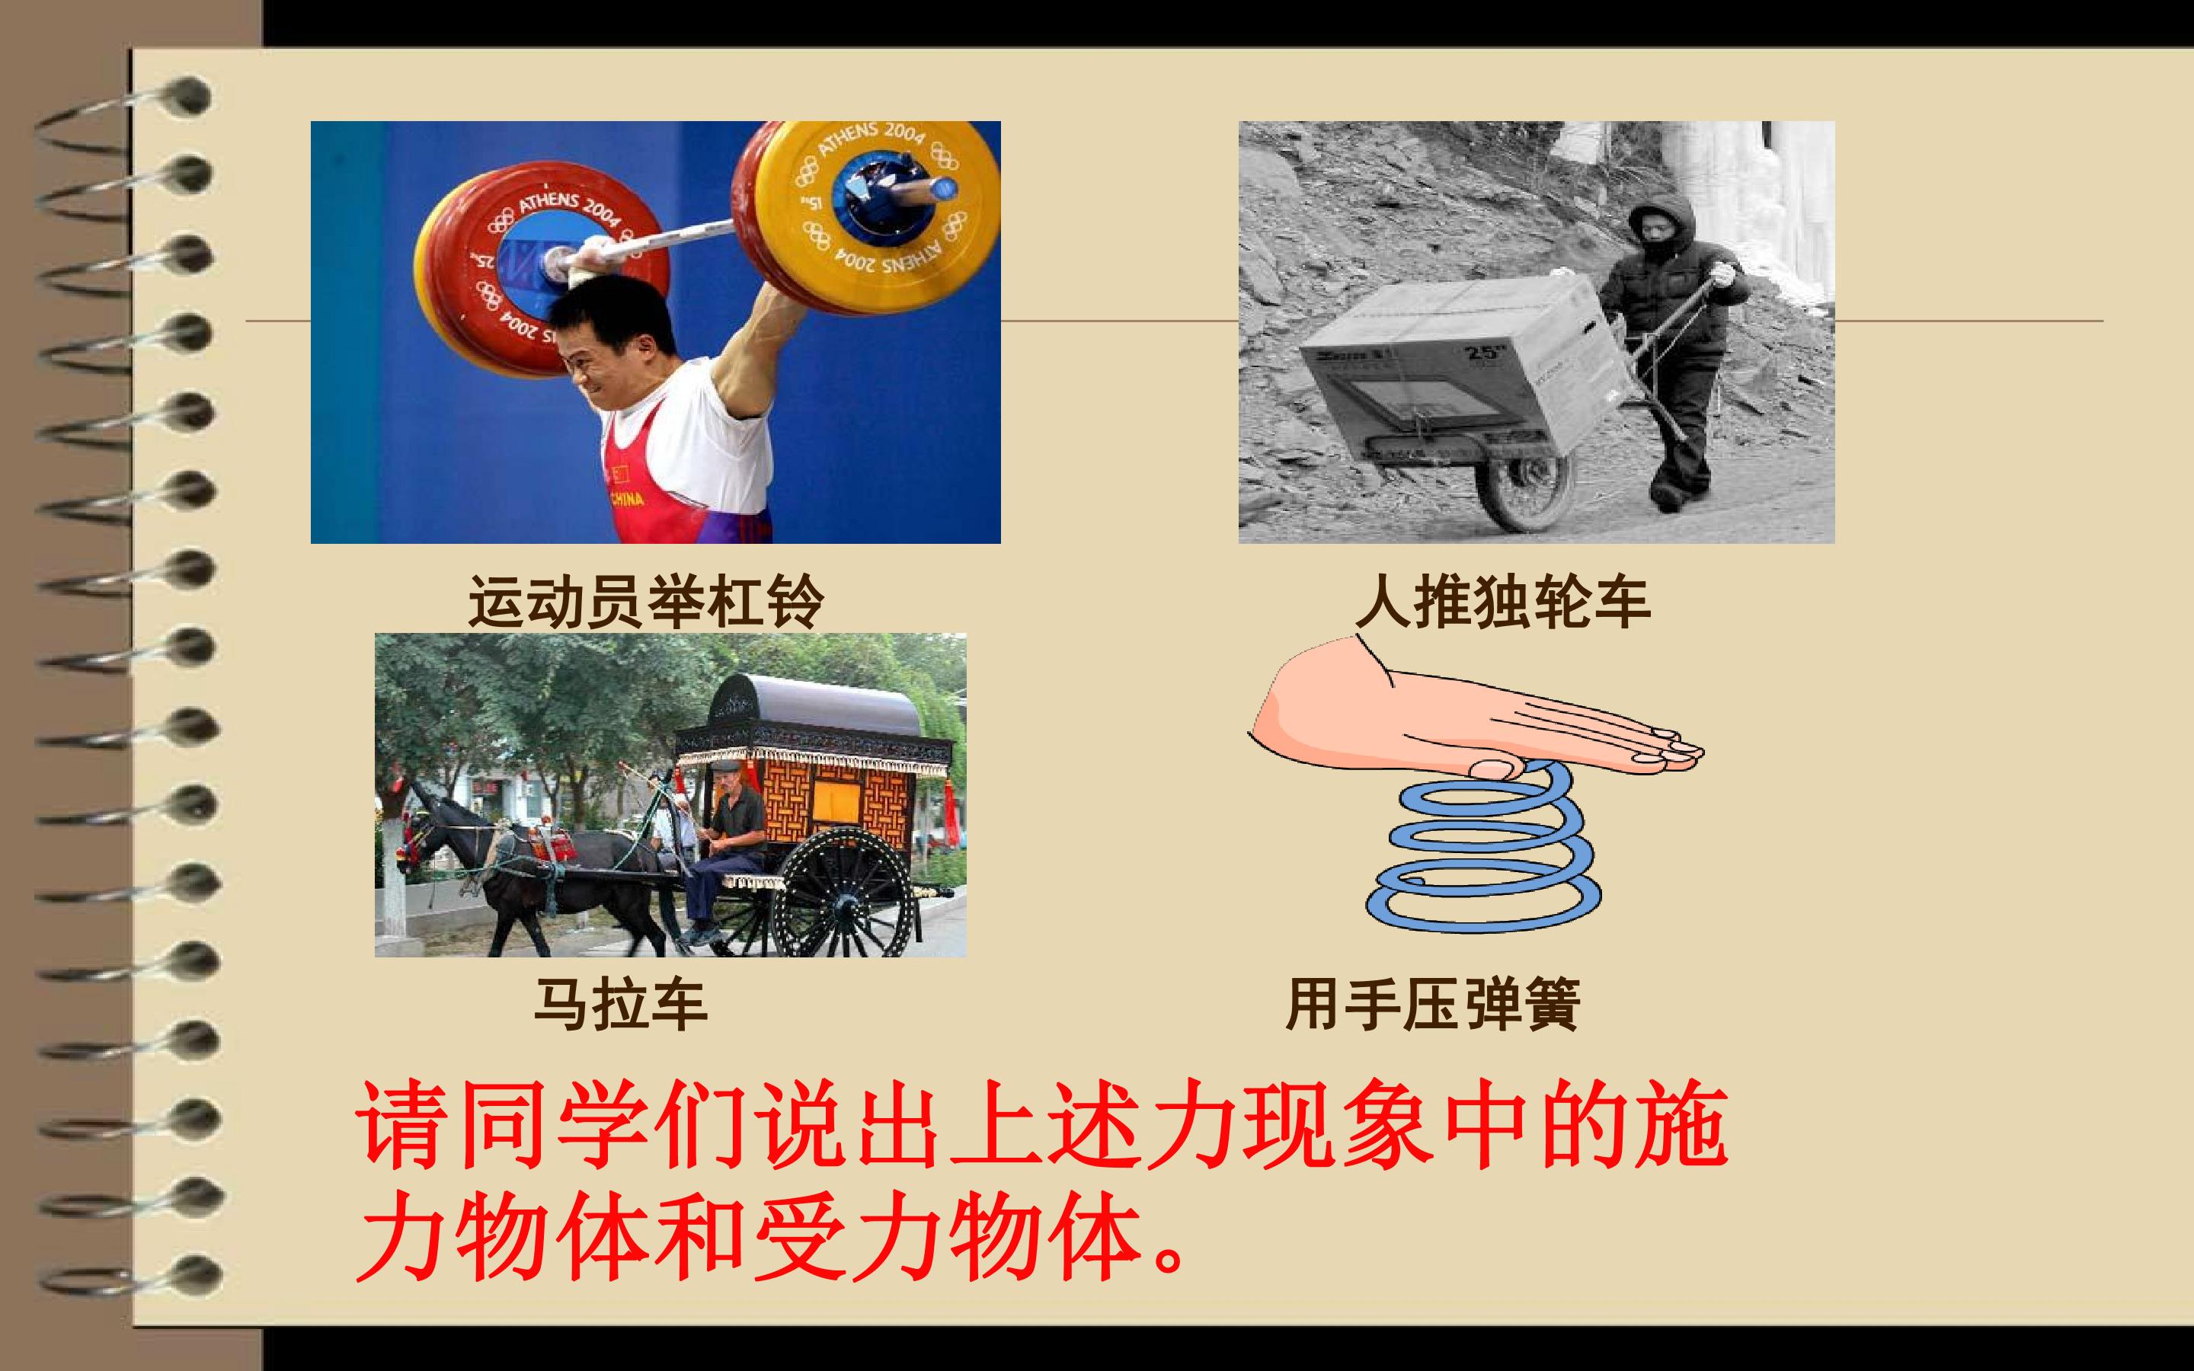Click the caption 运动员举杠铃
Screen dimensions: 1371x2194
click(645, 602)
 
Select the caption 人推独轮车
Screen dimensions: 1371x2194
click(1502, 602)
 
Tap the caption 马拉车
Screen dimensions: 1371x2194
click(620, 1005)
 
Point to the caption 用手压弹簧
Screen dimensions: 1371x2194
click(1432, 1005)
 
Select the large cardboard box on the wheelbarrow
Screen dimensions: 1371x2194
click(1460, 363)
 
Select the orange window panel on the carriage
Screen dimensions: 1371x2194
click(836, 798)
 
